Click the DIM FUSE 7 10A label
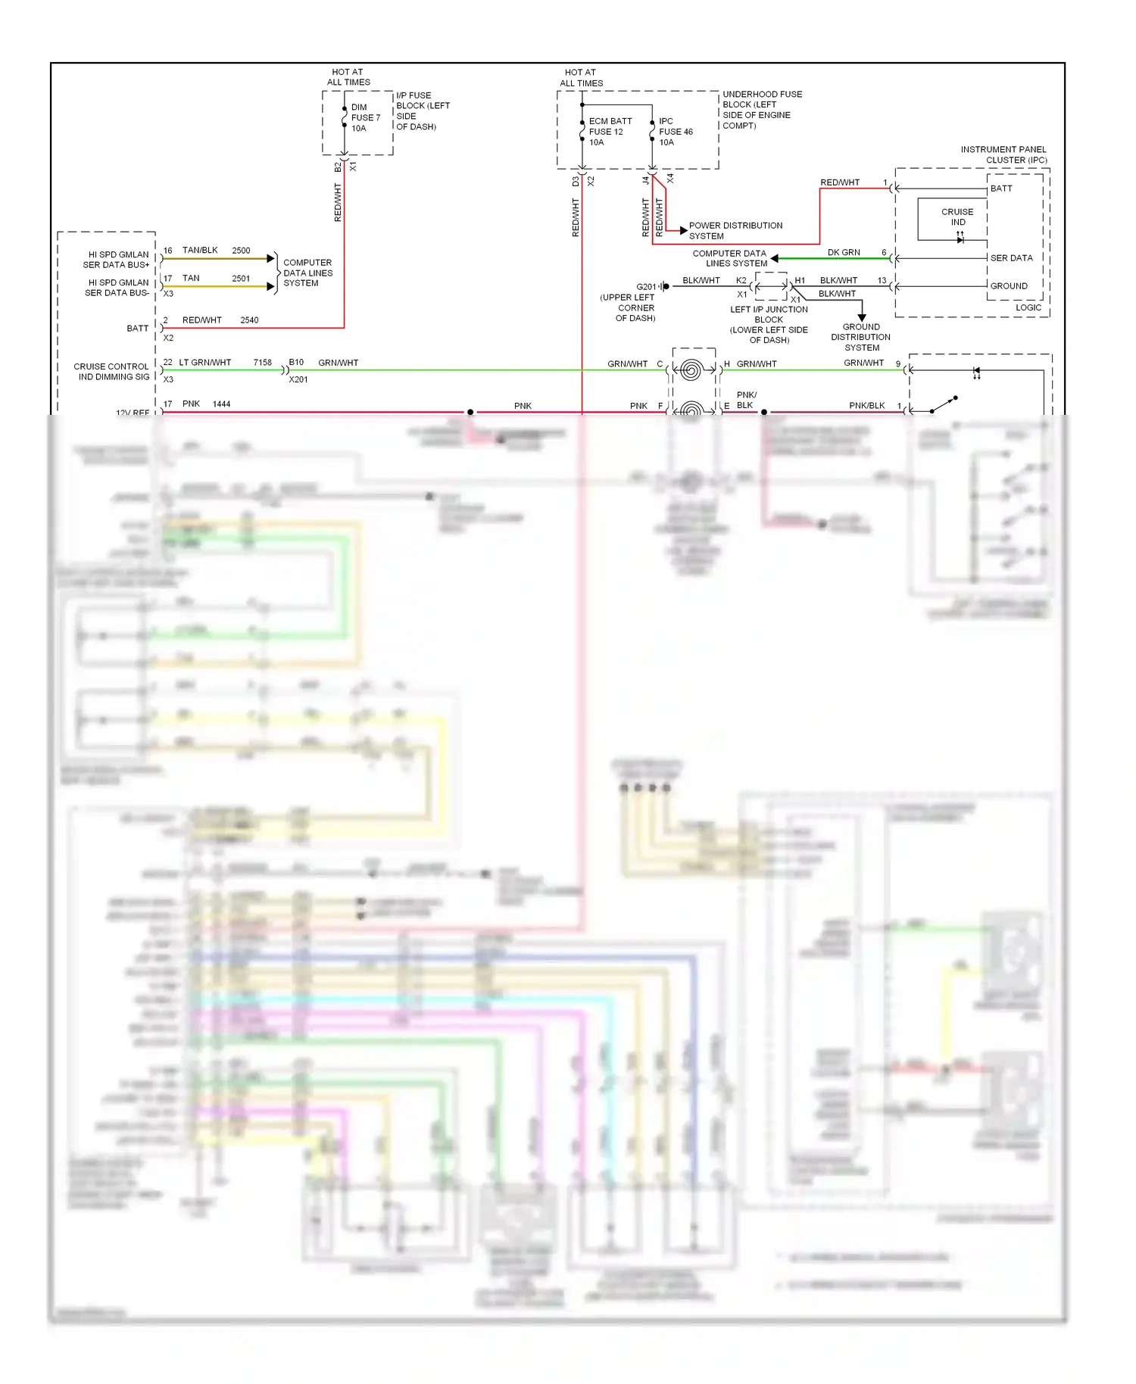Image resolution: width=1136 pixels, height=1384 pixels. click(x=365, y=118)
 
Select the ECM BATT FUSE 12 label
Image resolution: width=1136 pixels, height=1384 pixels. click(x=610, y=132)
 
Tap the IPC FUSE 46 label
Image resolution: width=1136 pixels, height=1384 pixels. click(x=676, y=132)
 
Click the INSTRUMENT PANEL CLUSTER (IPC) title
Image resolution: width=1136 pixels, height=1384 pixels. click(x=1003, y=154)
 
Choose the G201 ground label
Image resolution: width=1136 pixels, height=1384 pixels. click(x=646, y=287)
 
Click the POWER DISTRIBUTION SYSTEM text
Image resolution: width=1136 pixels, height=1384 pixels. click(x=735, y=231)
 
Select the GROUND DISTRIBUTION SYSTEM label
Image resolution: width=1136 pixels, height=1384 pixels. click(x=861, y=338)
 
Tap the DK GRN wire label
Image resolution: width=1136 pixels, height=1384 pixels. click(x=843, y=253)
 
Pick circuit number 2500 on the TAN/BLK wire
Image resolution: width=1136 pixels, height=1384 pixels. click(x=241, y=251)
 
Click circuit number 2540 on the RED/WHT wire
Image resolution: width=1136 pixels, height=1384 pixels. click(x=249, y=320)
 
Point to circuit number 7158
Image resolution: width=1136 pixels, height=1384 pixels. click(x=262, y=363)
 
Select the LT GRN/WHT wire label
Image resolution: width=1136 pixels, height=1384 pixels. click(x=204, y=363)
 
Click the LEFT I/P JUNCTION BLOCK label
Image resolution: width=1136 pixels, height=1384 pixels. click(x=769, y=325)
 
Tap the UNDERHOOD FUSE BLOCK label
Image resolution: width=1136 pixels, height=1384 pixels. click(x=761, y=110)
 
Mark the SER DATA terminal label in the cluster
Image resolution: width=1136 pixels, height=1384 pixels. click(x=1011, y=258)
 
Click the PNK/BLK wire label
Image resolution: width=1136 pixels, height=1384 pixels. click(x=866, y=406)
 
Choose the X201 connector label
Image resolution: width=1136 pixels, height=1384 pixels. click(x=298, y=379)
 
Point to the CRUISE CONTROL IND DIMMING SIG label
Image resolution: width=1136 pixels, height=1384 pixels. click(x=112, y=372)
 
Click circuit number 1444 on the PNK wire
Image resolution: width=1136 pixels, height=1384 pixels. click(x=221, y=404)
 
